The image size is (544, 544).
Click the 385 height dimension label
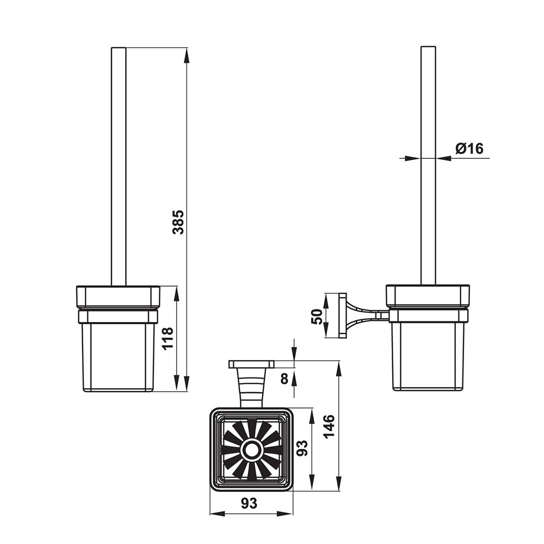tap(178, 222)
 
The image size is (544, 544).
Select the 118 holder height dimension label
tap(168, 338)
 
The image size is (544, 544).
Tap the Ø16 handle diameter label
tap(469, 149)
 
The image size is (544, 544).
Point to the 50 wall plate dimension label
tap(317, 316)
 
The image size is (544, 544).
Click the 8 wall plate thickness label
tap(285, 379)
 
